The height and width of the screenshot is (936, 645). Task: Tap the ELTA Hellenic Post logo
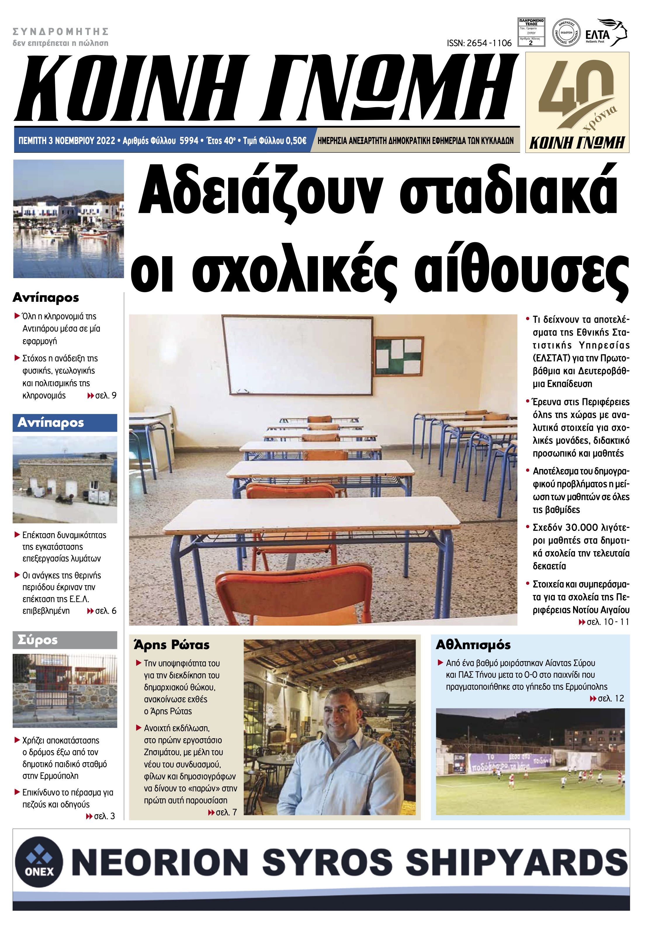(605, 33)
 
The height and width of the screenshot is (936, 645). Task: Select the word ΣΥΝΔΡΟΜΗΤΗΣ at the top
(61, 32)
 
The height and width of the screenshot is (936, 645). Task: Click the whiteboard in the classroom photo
(298, 355)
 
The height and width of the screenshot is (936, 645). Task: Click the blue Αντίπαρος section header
(65, 423)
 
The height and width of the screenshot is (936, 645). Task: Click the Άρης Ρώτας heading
(172, 645)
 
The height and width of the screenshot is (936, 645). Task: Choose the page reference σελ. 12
(610, 698)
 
